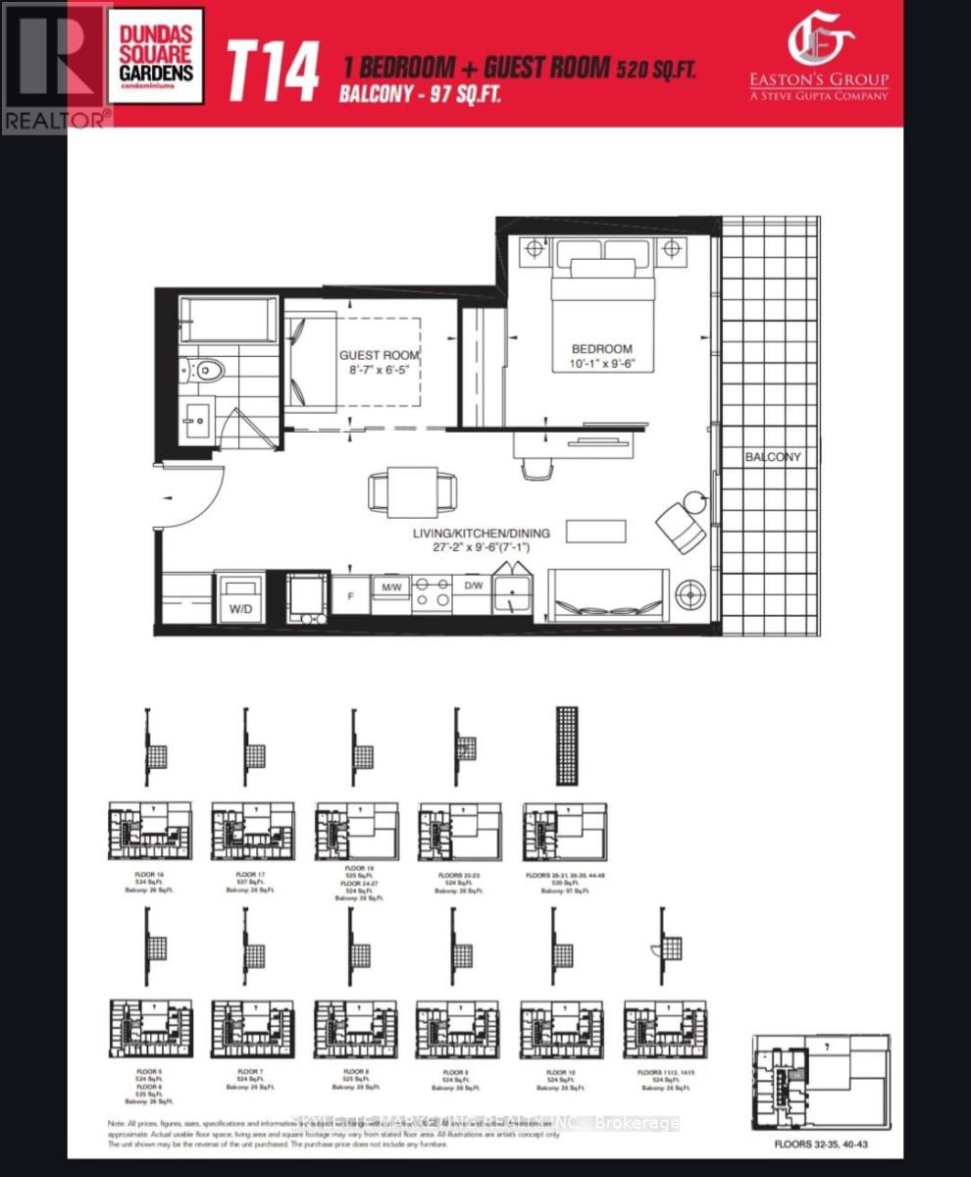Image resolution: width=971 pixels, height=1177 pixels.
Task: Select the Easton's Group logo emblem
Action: pos(821,44)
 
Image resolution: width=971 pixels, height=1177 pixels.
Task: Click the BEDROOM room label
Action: pos(603,348)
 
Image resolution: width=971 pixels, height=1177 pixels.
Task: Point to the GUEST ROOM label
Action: pos(380,355)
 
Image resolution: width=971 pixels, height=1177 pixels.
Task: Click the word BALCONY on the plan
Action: pos(772,456)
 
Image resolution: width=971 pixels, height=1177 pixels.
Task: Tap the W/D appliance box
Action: pos(241,597)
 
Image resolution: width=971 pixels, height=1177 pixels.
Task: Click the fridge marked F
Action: pos(350,595)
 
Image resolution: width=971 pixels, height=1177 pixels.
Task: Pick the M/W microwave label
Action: pos(390,587)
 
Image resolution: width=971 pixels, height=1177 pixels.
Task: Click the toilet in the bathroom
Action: pos(205,370)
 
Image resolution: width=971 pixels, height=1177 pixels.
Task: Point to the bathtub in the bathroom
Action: pos(229,320)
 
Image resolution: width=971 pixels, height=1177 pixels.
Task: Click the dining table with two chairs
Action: pos(412,490)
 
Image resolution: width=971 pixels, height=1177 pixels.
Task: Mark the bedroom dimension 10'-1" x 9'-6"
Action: pos(603,364)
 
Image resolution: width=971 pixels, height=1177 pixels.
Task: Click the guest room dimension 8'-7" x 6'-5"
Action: pos(380,371)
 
